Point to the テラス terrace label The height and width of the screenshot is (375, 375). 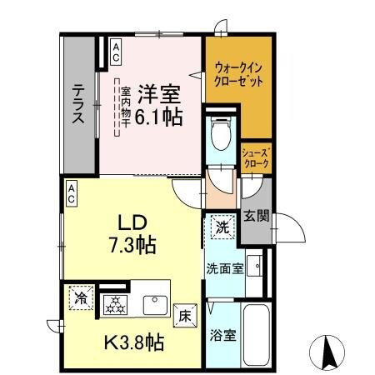click(78, 104)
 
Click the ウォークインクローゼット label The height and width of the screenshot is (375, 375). click(238, 76)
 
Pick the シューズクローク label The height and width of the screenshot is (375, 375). click(255, 158)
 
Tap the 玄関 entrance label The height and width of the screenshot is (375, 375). click(256, 217)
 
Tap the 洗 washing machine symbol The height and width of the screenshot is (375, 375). click(221, 225)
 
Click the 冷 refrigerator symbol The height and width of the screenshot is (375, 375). click(81, 297)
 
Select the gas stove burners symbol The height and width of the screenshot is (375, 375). click(113, 304)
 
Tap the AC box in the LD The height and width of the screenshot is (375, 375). click(72, 195)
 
